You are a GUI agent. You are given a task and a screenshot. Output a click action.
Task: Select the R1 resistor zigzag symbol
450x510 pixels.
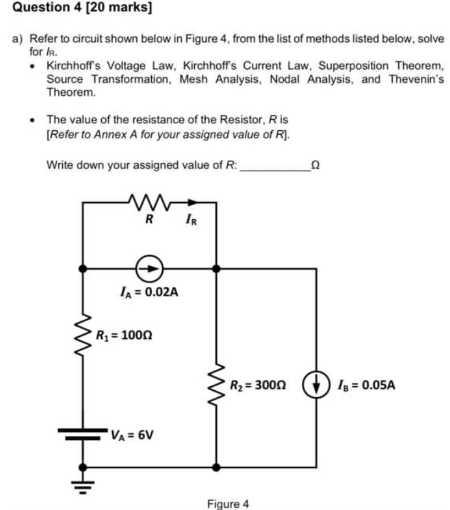click(x=83, y=334)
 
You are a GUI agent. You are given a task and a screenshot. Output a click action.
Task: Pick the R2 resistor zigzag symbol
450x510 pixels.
click(x=217, y=383)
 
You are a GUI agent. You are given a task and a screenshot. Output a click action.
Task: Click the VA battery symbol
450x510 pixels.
click(x=83, y=433)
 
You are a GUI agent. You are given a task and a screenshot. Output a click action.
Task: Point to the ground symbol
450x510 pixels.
click(x=83, y=487)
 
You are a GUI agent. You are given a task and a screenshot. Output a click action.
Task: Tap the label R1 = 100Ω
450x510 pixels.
click(x=124, y=335)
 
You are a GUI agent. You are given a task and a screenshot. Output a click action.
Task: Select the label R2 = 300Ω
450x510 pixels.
click(x=257, y=384)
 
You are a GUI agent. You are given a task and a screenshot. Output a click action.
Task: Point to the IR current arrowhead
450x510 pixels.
click(x=193, y=202)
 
